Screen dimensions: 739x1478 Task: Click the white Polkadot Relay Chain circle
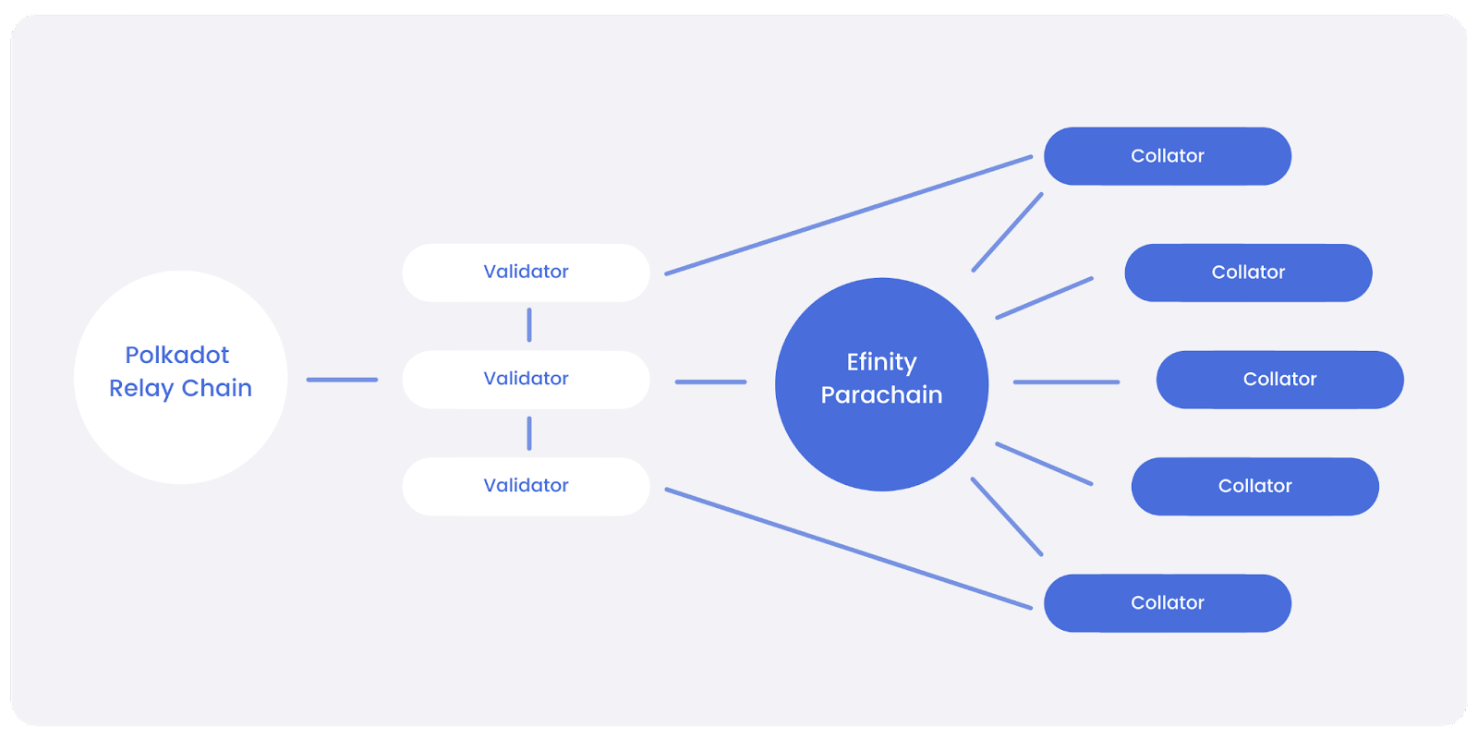pyautogui.click(x=180, y=434)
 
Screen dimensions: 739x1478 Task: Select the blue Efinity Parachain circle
pyautogui.click(x=881, y=443)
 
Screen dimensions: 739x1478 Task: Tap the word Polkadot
pyautogui.click(x=177, y=355)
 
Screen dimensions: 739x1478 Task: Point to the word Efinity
pyautogui.click(x=881, y=361)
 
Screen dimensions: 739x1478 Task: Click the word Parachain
pyautogui.click(x=881, y=394)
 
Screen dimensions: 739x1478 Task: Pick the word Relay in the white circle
pyautogui.click(x=140, y=388)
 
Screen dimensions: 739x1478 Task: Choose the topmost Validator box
pyautogui.click(x=526, y=273)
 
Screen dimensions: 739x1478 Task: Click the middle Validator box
pyautogui.click(x=526, y=379)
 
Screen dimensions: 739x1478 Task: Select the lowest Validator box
pyautogui.click(x=526, y=486)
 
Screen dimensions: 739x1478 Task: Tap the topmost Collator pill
pyautogui.click(x=1167, y=156)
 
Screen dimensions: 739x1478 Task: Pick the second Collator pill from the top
pyautogui.click(x=1248, y=273)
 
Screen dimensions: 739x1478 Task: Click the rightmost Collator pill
pyautogui.click(x=1279, y=379)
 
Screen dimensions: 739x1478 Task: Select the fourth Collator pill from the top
pyautogui.click(x=1254, y=486)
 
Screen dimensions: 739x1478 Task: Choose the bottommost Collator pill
pyautogui.click(x=1167, y=603)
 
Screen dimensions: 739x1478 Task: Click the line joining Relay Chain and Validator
pyautogui.click(x=342, y=380)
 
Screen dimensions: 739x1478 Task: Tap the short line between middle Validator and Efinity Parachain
pyautogui.click(x=710, y=382)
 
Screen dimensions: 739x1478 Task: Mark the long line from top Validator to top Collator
pyautogui.click(x=848, y=215)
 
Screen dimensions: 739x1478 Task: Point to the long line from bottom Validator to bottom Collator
pyautogui.click(x=848, y=549)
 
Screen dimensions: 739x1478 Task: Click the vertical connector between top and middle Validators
pyautogui.click(x=529, y=325)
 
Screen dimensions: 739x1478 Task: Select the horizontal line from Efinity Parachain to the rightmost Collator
pyautogui.click(x=1066, y=382)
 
